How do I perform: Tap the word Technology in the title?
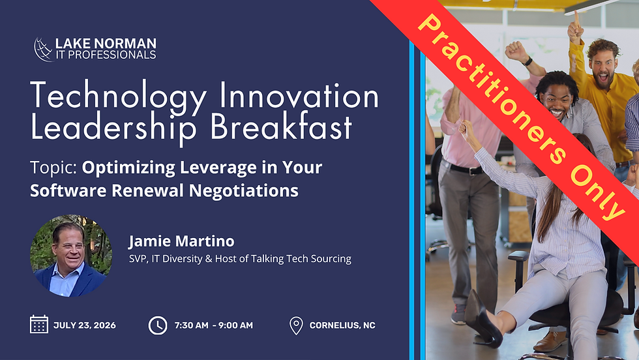(110, 97)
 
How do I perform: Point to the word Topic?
(54, 167)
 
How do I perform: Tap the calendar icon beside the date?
(39, 324)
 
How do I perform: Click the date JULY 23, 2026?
(85, 325)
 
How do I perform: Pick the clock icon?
(157, 324)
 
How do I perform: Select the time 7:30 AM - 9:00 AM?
(213, 325)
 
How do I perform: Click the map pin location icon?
(296, 325)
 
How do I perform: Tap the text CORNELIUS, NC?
(342, 325)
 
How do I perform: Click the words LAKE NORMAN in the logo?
(106, 44)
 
